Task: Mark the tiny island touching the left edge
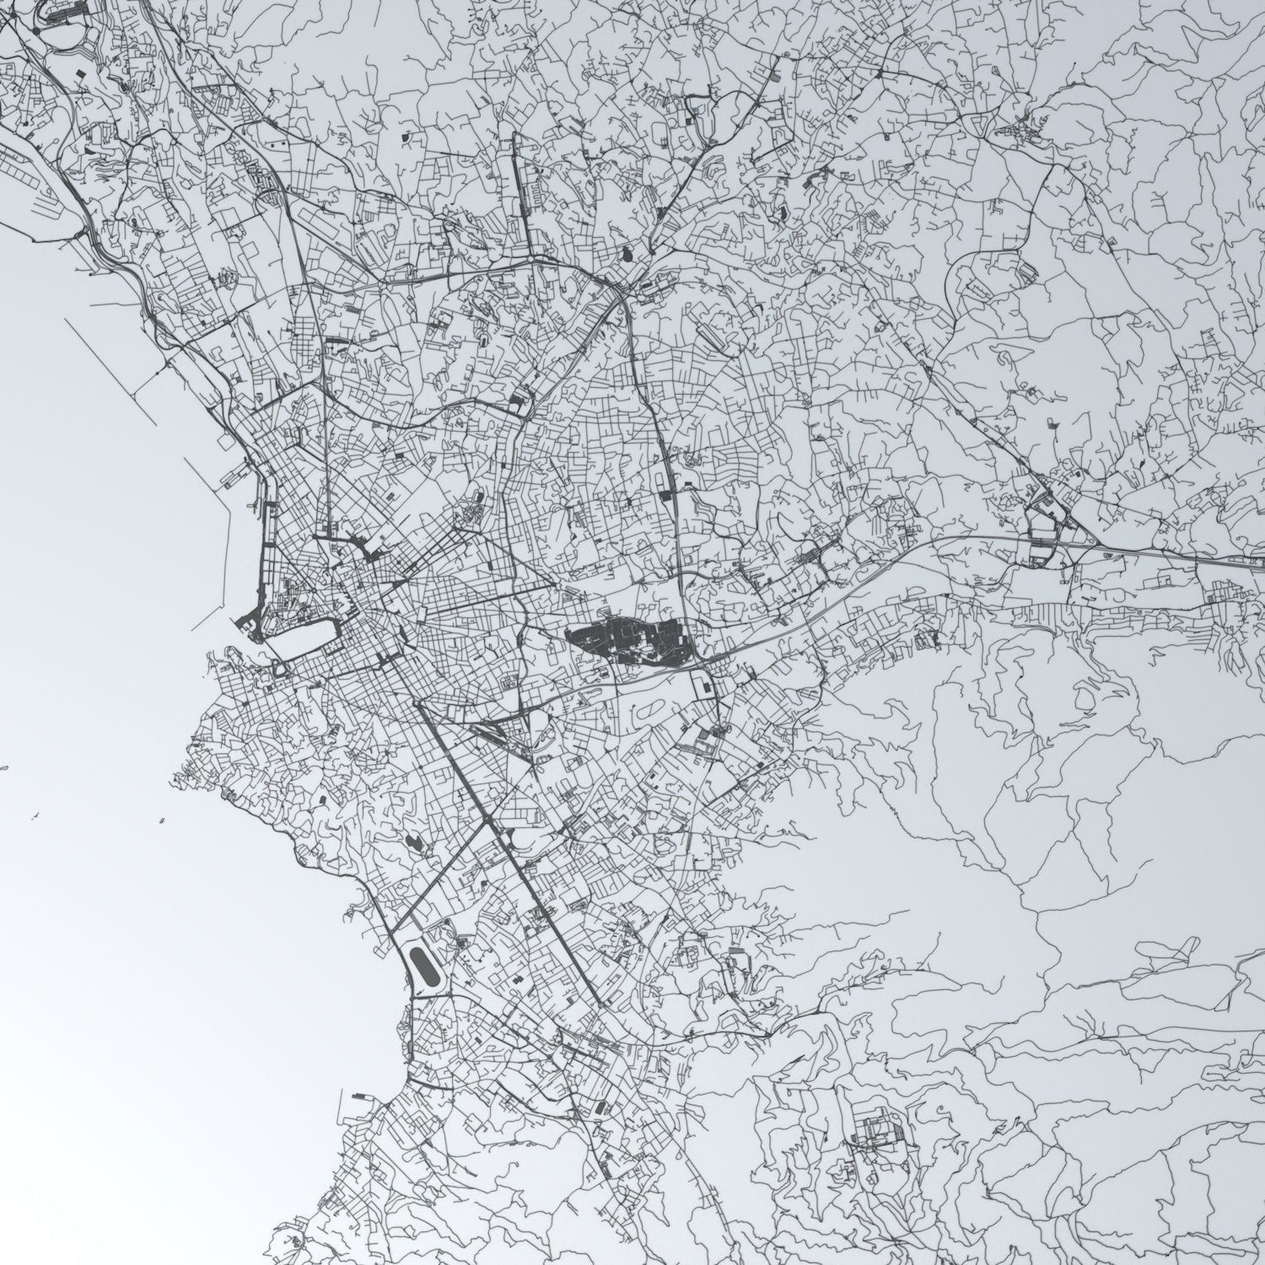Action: [4, 768]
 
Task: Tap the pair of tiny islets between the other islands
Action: [36, 816]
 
